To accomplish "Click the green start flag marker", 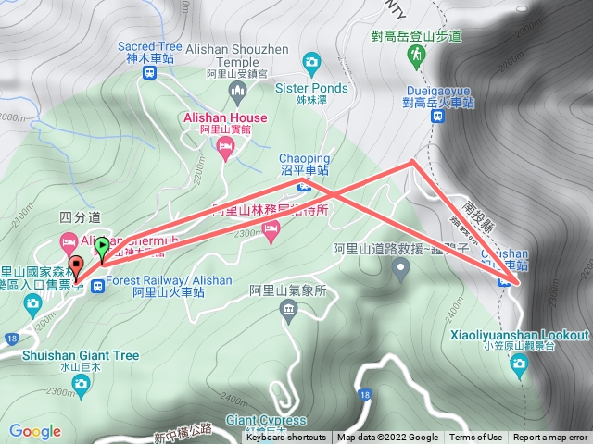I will click(x=101, y=248).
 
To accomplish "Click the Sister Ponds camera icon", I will click(x=311, y=62).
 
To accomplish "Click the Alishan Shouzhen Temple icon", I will click(x=238, y=91).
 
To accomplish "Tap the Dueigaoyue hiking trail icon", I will click(x=416, y=55).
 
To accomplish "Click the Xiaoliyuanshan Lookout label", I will click(x=519, y=335).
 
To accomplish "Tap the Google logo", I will click(x=35, y=431).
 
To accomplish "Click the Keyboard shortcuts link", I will click(x=286, y=438).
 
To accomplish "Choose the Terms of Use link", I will click(x=476, y=438).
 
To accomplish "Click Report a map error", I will click(x=551, y=438).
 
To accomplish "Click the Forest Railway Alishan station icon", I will click(x=98, y=284).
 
